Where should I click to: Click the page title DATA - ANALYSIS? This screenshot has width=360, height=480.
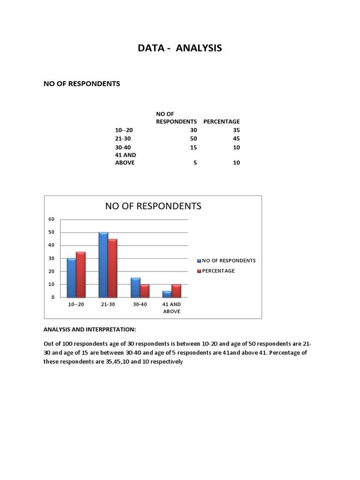(180, 48)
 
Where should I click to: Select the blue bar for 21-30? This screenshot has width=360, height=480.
(103, 265)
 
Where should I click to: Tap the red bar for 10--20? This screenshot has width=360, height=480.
(81, 275)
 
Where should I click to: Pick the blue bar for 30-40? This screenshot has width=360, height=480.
(135, 287)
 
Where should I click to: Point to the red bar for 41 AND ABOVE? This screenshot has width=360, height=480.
(176, 291)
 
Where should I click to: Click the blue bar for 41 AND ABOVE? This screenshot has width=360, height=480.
(167, 294)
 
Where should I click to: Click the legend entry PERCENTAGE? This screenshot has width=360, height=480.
(218, 271)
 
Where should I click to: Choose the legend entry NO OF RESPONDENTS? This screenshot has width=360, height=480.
(229, 261)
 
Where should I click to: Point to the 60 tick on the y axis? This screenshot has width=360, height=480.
(52, 219)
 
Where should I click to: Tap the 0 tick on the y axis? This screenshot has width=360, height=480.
(53, 297)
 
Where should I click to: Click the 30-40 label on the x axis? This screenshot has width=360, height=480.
(140, 305)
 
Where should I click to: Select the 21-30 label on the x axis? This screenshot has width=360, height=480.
(108, 305)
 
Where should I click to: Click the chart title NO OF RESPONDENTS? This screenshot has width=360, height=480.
(153, 206)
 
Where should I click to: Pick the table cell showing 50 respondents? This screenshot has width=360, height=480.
(194, 139)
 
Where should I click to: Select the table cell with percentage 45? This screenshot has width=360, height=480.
(236, 139)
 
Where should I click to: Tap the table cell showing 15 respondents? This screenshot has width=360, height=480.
(194, 148)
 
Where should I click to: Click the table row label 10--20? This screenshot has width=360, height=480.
(124, 130)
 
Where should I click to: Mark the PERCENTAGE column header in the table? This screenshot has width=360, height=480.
(221, 121)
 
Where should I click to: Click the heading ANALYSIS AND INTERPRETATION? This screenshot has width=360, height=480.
(90, 330)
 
